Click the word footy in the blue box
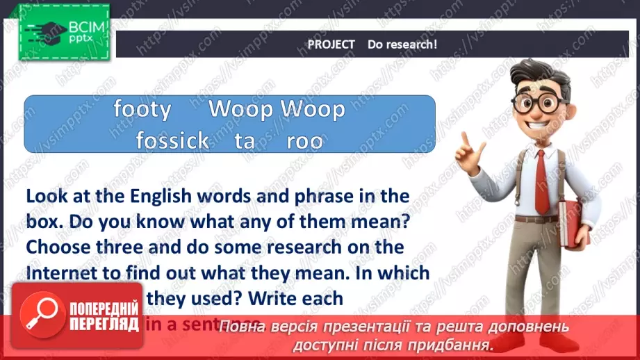142,110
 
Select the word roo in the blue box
305,141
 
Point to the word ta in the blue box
245,141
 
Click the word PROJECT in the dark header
331,44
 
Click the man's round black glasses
539,104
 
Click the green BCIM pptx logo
64,32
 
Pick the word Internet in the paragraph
59,273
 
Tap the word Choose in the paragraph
56,247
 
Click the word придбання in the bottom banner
451,344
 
